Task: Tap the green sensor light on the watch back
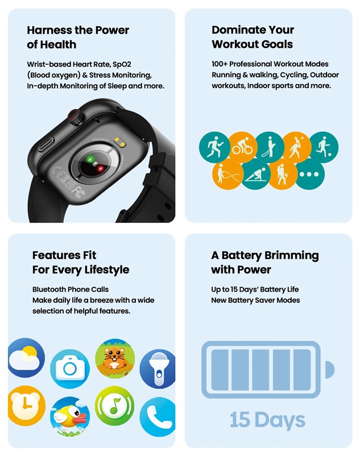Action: [90, 161]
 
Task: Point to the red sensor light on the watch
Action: [100, 169]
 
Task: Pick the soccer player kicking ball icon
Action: [324, 147]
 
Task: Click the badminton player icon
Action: [297, 147]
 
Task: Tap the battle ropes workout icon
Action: [227, 175]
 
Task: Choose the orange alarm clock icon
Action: [26, 405]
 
